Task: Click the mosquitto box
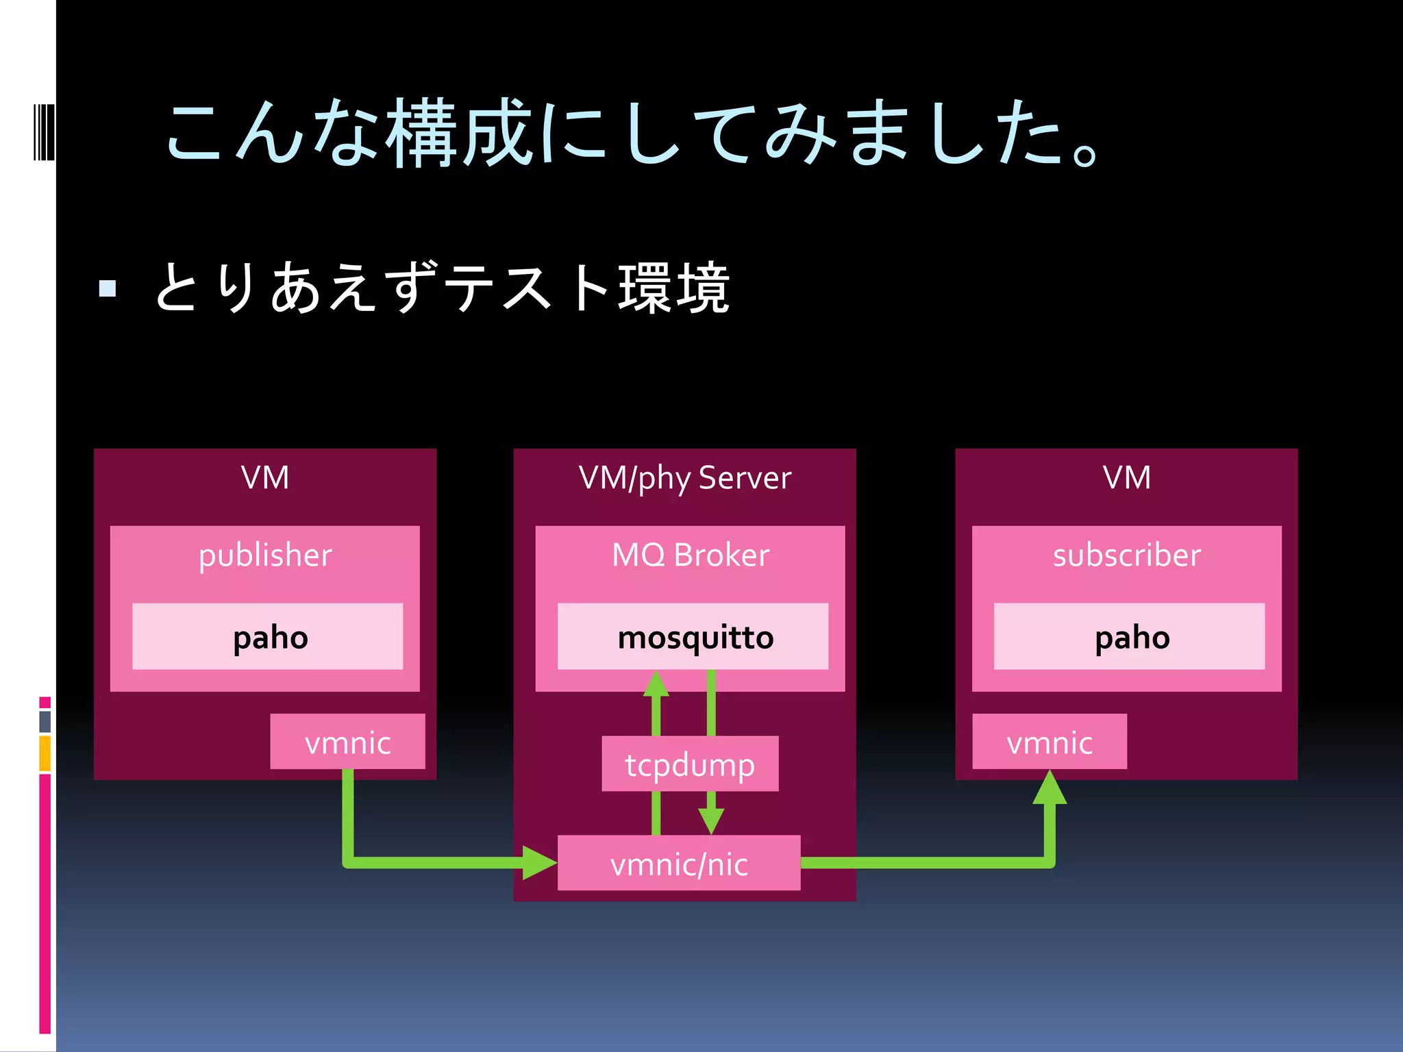[x=693, y=636]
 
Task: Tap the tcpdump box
[x=690, y=764]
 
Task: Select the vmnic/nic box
[x=678, y=863]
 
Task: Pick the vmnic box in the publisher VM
[x=347, y=742]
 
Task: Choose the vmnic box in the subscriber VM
[x=1049, y=742]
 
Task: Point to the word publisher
[x=265, y=554]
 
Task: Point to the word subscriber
[x=1126, y=554]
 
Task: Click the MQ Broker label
[x=690, y=554]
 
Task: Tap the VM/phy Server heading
[x=684, y=477]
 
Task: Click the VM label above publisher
[x=265, y=477]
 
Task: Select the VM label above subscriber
[x=1126, y=477]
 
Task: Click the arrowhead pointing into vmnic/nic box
[x=540, y=863]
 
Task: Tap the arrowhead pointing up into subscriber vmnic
[x=1050, y=788]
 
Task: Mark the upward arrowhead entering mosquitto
[x=656, y=684]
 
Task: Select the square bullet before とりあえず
[x=108, y=288]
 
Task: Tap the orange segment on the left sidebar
[x=45, y=753]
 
